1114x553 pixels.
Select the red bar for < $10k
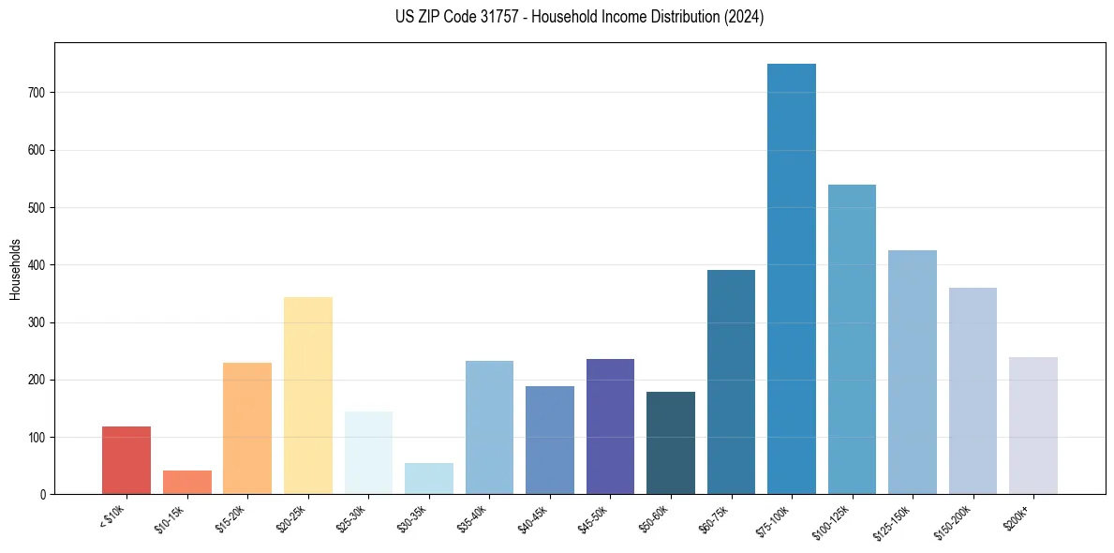[x=126, y=460]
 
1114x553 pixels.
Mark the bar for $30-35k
[x=429, y=478]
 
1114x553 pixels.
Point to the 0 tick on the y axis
[x=43, y=494]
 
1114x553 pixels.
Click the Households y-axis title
[x=16, y=269]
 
